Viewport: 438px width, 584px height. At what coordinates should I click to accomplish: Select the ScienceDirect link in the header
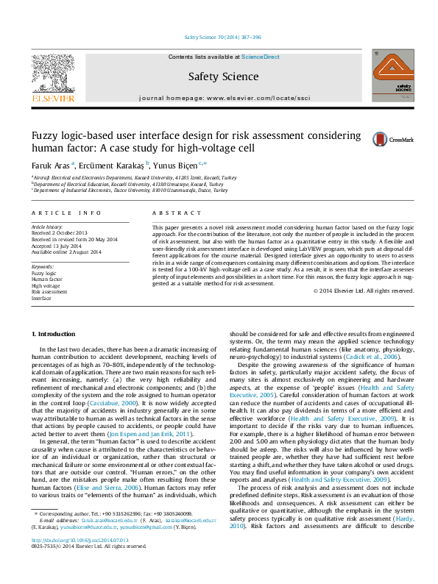pos(261,57)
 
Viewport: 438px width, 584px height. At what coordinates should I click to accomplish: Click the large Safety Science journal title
pos(223,76)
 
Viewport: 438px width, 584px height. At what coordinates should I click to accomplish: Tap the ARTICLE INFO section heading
pos(66,213)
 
